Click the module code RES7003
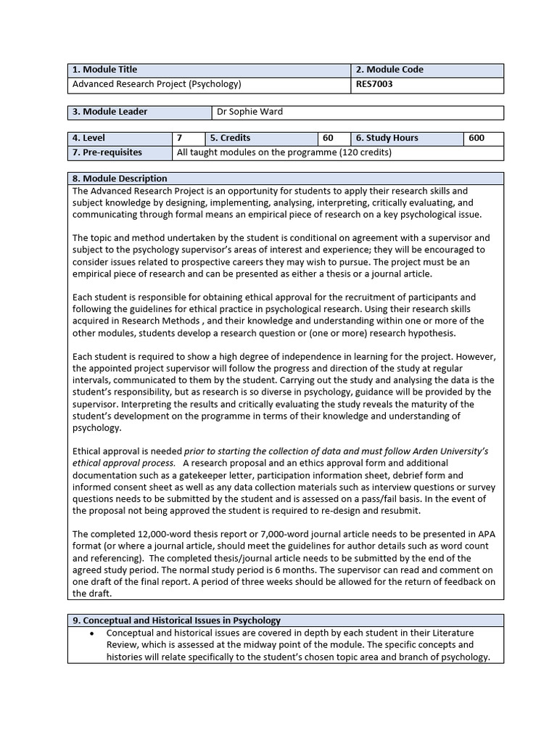tap(374, 84)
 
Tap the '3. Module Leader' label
tap(110, 112)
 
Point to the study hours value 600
tap(476, 138)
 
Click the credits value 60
tap(328, 138)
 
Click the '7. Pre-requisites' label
tap(107, 152)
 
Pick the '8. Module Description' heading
tap(120, 178)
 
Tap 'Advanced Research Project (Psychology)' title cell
tap(157, 84)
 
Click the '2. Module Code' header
tap(389, 70)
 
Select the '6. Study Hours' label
tap(387, 138)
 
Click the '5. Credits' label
tap(230, 138)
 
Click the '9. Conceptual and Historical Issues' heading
tap(176, 620)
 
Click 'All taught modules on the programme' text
tap(257, 152)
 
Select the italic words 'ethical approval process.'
tap(124, 463)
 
